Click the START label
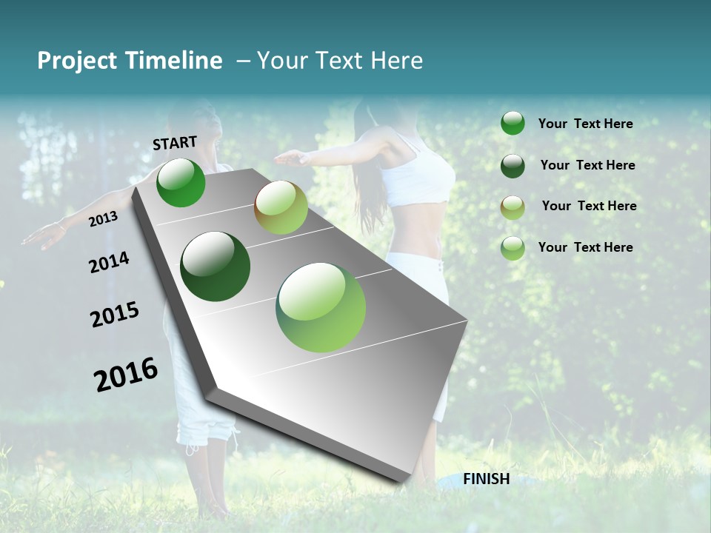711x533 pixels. [175, 143]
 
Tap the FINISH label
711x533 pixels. [487, 479]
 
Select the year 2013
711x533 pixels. [103, 218]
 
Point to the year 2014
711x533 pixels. [109, 262]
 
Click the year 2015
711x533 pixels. [115, 315]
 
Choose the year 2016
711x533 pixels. [126, 374]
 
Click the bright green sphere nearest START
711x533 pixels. [181, 182]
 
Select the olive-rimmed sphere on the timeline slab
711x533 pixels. [281, 207]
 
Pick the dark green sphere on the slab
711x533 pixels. [216, 266]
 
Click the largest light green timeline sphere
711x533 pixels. [321, 307]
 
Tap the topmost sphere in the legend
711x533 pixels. [513, 123]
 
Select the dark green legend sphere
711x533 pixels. [513, 165]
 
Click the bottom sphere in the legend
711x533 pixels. [513, 248]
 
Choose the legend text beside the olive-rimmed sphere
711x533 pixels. [589, 206]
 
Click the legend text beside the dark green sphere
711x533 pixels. [587, 165]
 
